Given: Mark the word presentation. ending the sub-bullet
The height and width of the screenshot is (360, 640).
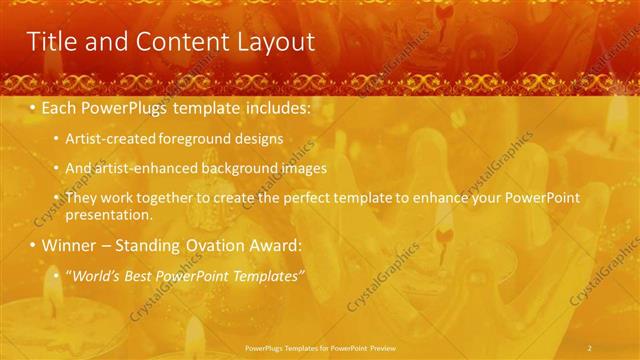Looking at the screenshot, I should point(108,215).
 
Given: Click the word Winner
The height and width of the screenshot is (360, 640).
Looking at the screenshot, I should point(69,245).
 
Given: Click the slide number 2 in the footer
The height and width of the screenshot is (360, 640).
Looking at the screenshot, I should point(590,346).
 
